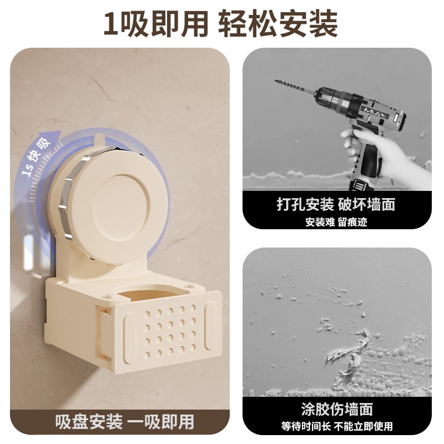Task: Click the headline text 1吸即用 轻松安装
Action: tap(221, 23)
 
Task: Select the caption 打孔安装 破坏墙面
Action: tap(336, 204)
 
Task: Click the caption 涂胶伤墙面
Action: tap(336, 410)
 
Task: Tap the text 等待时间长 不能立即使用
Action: tap(336, 427)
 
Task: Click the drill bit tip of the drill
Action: tap(277, 82)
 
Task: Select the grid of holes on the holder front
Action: tap(169, 330)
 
